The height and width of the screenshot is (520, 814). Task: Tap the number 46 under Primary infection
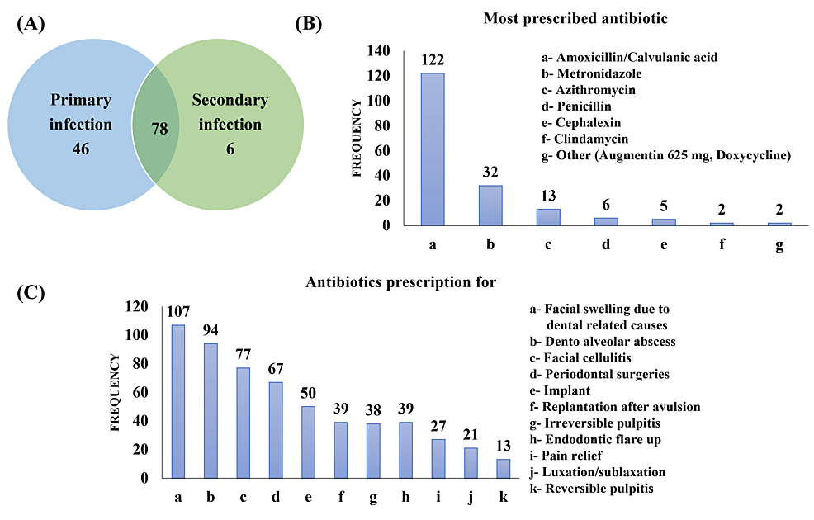tap(80, 149)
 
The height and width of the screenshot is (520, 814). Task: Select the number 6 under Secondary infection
tap(230, 149)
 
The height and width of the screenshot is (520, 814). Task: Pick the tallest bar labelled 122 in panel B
tap(433, 149)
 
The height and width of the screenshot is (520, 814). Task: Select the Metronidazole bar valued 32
tap(490, 205)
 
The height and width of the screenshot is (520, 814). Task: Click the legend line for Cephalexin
tap(584, 123)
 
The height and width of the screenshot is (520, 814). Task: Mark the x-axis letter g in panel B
tap(779, 245)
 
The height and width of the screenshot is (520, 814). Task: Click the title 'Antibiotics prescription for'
tap(400, 282)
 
